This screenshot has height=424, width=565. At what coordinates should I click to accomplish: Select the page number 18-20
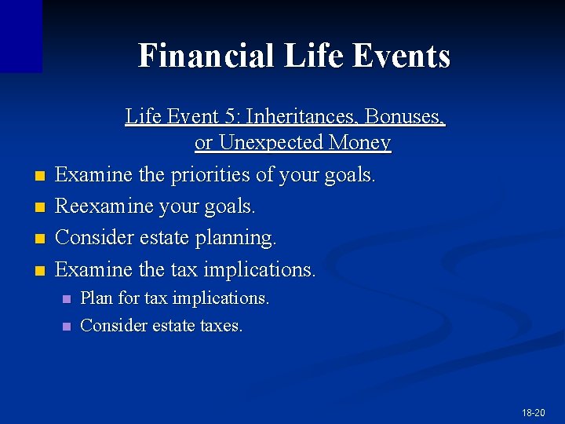[x=533, y=412]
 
